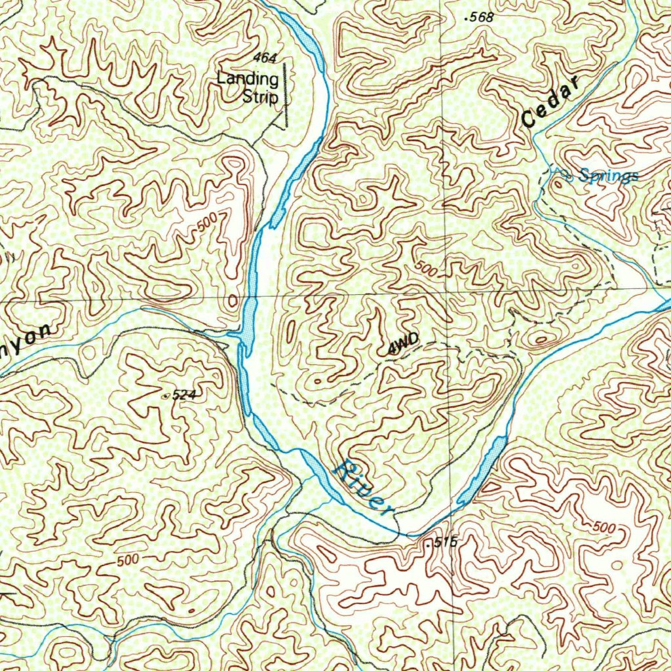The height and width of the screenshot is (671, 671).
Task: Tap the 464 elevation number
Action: point(264,59)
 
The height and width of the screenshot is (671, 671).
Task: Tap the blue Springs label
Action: point(609,176)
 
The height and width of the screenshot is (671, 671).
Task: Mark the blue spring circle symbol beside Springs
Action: point(567,175)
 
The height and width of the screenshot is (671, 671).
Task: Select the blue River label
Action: point(363,488)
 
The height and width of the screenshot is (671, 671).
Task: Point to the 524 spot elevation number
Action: point(185,394)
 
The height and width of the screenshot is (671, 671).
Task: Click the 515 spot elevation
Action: point(441,543)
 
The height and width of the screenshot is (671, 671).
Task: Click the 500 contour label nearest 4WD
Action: point(427,269)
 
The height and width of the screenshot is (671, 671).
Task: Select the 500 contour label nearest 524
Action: point(128,561)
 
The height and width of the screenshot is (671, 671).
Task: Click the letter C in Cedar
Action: point(529,120)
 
